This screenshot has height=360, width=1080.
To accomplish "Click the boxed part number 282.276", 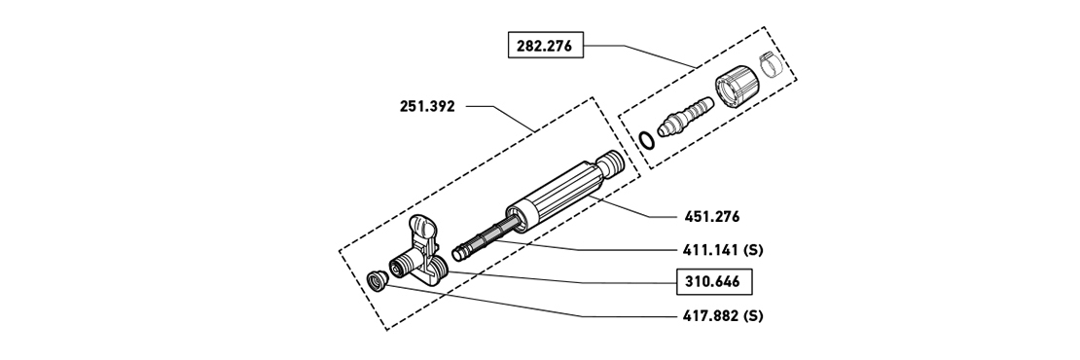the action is pyautogui.click(x=546, y=46).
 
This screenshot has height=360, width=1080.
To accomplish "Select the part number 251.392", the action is pyautogui.click(x=427, y=107).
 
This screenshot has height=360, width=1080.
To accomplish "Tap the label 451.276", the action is pyautogui.click(x=712, y=217).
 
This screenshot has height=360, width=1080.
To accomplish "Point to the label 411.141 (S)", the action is pyautogui.click(x=723, y=250).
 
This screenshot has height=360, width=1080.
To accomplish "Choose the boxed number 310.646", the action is pyautogui.click(x=712, y=281).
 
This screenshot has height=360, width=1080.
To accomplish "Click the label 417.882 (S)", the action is pyautogui.click(x=723, y=316).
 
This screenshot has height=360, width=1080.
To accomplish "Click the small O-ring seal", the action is pyautogui.click(x=646, y=140).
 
